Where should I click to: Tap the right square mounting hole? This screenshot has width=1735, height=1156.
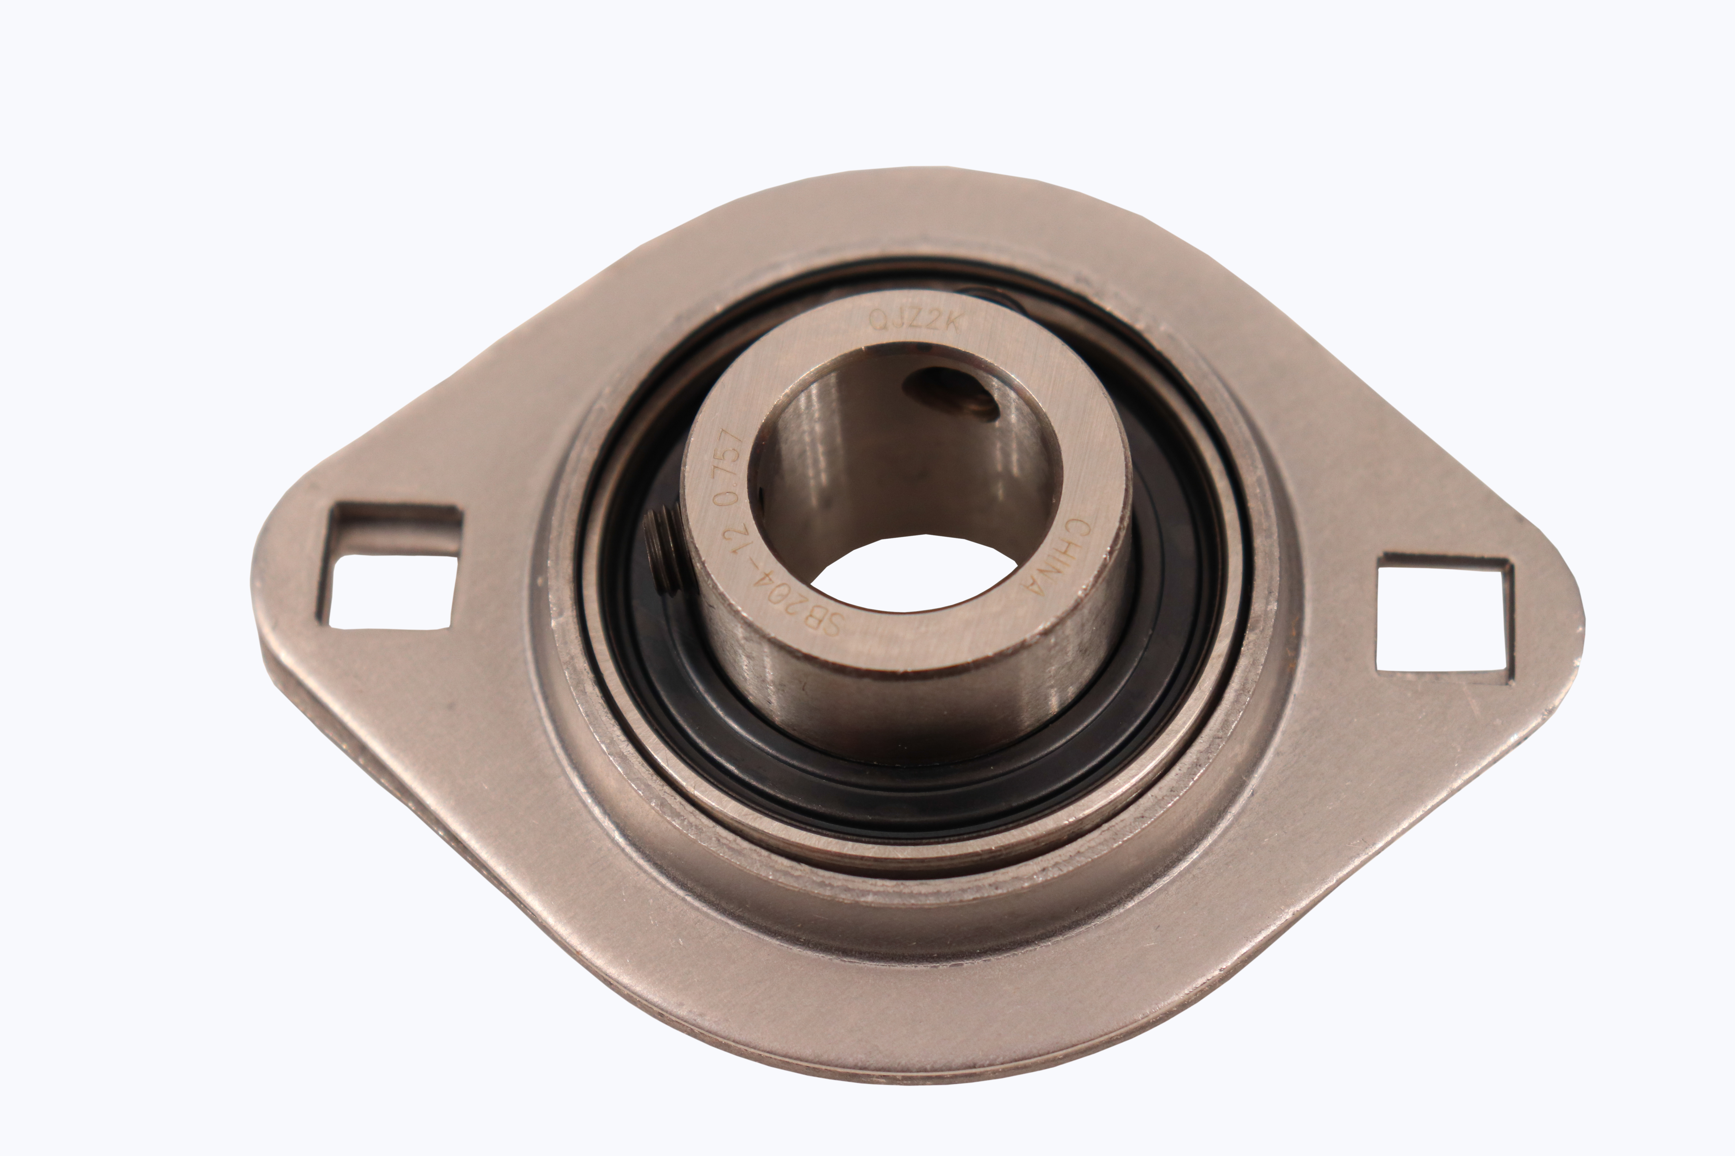tap(1442, 616)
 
